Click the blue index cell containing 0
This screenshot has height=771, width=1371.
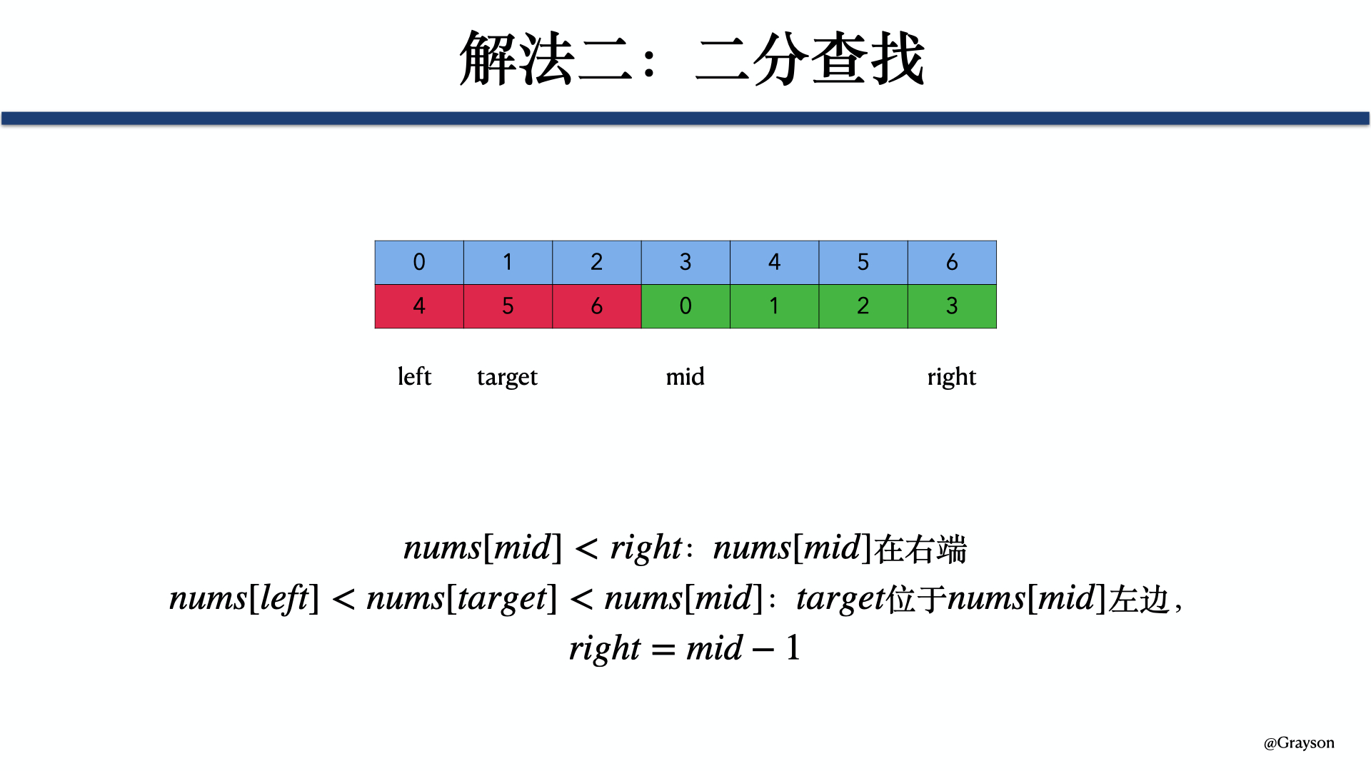(419, 263)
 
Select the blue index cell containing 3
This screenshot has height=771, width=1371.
(685, 263)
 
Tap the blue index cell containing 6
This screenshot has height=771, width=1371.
(952, 263)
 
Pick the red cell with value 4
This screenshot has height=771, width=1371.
(419, 306)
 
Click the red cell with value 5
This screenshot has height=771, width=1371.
(508, 306)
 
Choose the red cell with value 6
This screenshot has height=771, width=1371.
(597, 306)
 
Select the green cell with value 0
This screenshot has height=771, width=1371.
(685, 306)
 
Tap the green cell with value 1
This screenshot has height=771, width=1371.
(774, 306)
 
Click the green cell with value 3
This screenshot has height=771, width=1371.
(952, 306)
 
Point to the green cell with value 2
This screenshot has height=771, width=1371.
(863, 306)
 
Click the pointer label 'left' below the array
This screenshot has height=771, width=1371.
(414, 376)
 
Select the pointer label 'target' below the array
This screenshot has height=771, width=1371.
(507, 377)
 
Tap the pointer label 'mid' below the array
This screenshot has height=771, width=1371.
(685, 376)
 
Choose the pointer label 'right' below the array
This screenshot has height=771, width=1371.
(951, 377)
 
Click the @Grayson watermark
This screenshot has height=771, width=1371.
(1299, 743)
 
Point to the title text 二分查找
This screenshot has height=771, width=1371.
(810, 59)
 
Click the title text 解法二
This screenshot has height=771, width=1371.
(547, 59)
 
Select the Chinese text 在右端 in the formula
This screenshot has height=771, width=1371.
(920, 549)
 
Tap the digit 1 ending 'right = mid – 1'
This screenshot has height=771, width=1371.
(793, 648)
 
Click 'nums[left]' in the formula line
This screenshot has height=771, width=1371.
(243, 599)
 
